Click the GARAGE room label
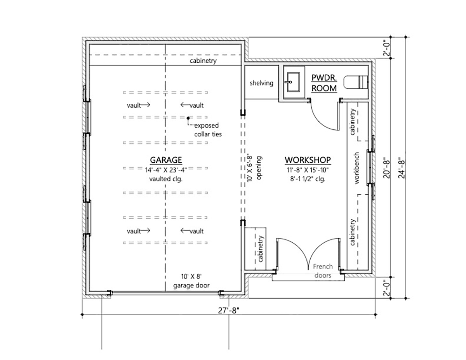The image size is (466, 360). pyautogui.click(x=166, y=160)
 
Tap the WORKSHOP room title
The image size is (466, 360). pyautogui.click(x=308, y=160)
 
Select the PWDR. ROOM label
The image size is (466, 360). pyautogui.click(x=324, y=83)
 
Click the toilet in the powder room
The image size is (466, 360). pyautogui.click(x=356, y=82)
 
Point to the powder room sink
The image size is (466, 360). pyautogui.click(x=294, y=82)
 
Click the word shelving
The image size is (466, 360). pyautogui.click(x=261, y=83)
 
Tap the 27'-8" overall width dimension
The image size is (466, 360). pyautogui.click(x=229, y=310)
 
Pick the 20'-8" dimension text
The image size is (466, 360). pyautogui.click(x=386, y=169)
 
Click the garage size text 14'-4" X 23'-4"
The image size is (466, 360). pyautogui.click(x=166, y=170)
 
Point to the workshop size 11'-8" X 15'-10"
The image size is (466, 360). pyautogui.click(x=308, y=170)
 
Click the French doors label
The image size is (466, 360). pyautogui.click(x=323, y=271)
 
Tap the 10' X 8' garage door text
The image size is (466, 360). pyautogui.click(x=191, y=281)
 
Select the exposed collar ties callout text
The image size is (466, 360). pyautogui.click(x=208, y=130)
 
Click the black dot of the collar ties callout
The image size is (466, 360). pyautogui.click(x=188, y=118)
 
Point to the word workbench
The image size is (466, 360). pyautogui.click(x=356, y=168)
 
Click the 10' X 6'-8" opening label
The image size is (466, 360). pyautogui.click(x=254, y=168)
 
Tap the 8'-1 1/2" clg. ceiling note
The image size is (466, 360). pyautogui.click(x=308, y=179)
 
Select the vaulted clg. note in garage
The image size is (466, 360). pyautogui.click(x=166, y=179)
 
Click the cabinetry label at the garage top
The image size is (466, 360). pyautogui.click(x=203, y=61)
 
